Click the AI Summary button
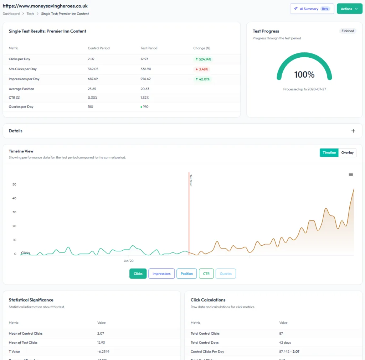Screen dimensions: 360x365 coord(312,9)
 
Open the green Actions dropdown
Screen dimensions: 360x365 coord(349,9)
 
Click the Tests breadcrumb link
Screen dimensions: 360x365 coord(30,14)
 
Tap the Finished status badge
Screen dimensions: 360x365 coord(348,31)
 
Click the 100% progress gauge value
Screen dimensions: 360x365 coord(304,75)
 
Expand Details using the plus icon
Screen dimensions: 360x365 coord(353,131)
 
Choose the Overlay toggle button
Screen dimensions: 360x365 coord(347,153)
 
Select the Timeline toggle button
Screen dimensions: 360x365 coord(329,153)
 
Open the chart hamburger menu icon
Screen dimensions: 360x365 coord(351,174)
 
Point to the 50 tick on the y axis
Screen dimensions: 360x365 coord(14,184)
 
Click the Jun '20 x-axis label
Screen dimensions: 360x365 coord(129,261)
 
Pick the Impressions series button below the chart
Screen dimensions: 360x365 coord(161,274)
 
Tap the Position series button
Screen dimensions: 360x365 coord(186,274)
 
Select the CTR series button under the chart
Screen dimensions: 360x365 coord(206,274)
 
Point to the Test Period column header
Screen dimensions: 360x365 coord(149,48)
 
